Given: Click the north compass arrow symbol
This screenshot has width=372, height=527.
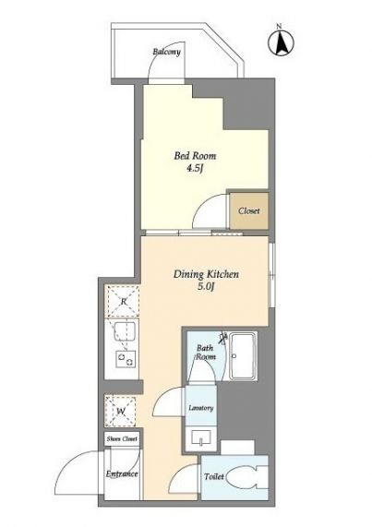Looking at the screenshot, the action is (281, 43).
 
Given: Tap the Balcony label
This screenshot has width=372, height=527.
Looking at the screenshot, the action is (167, 52).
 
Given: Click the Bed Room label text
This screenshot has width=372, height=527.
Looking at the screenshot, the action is (195, 156).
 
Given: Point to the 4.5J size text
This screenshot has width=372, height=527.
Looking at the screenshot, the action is (195, 168).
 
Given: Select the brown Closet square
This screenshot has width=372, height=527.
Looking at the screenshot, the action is (249, 211).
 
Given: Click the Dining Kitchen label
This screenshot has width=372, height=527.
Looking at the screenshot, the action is (206, 274).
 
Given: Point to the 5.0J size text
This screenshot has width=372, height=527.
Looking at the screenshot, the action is (206, 287).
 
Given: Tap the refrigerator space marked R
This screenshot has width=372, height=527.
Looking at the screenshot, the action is (122, 301).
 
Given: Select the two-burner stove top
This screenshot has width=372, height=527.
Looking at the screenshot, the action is (126, 359).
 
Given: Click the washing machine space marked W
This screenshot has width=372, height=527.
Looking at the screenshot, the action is (121, 411).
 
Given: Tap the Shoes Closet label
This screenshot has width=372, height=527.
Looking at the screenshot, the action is (122, 439).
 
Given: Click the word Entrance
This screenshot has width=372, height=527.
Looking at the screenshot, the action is (122, 473).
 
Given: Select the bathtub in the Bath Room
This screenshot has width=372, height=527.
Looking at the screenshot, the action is (243, 356).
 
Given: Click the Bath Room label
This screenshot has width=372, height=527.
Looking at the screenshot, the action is (205, 352).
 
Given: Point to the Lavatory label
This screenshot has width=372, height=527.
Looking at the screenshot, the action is (201, 408).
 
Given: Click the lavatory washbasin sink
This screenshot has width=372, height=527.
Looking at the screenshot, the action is (201, 437).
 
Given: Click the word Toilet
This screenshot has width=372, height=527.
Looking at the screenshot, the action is (214, 476).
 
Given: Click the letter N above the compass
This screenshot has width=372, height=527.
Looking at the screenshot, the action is (279, 26).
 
